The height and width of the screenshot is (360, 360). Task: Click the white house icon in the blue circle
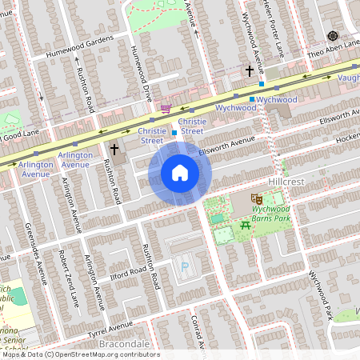[180, 172]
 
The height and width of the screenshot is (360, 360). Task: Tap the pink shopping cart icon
[166, 109]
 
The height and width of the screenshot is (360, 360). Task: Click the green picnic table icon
[246, 226]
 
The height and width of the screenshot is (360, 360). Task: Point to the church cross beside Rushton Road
[114, 149]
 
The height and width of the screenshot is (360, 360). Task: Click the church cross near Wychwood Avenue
[250, 71]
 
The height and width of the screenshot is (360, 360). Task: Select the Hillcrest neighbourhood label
[287, 182]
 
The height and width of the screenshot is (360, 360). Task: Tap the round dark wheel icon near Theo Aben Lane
[332, 35]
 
